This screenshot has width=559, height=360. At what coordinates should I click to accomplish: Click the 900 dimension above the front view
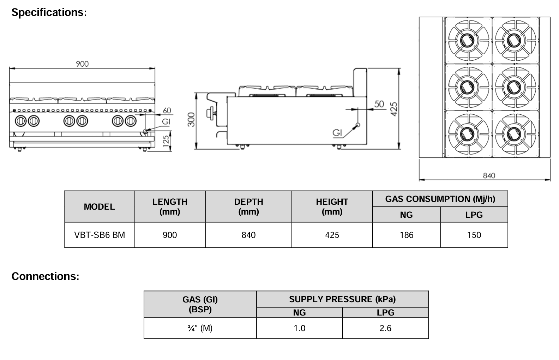82,64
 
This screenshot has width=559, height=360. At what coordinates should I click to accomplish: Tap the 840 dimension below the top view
489,175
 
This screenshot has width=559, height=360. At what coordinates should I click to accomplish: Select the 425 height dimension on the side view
395,109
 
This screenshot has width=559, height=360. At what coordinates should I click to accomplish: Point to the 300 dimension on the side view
191,120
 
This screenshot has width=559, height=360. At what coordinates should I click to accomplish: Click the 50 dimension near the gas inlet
379,104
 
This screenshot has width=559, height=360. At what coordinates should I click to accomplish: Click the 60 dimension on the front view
167,110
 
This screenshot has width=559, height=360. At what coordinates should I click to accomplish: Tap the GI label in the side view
337,133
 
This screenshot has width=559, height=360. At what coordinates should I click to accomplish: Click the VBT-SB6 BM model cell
100,235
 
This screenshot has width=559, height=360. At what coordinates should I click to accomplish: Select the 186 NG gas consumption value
406,235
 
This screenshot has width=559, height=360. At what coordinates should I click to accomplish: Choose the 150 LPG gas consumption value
474,235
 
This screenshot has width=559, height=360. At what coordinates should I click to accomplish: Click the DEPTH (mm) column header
248,206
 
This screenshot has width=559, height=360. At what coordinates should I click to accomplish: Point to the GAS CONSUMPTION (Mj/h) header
440,199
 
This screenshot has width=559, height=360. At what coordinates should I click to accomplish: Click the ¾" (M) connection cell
200,328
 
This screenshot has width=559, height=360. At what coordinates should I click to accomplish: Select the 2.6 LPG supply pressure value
385,328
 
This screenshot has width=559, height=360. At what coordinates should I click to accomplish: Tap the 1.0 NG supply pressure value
299,328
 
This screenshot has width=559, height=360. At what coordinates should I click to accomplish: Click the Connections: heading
45,276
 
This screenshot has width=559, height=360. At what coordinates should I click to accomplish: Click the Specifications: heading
49,12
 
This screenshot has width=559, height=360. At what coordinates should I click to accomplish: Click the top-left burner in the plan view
468,40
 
